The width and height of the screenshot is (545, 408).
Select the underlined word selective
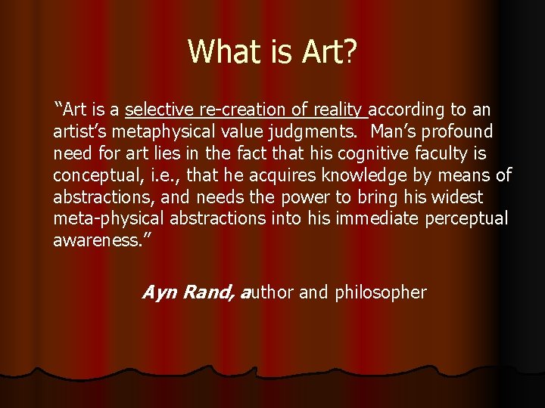point(157,110)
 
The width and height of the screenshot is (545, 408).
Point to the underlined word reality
point(337,110)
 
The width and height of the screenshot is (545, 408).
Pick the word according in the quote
point(409,110)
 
